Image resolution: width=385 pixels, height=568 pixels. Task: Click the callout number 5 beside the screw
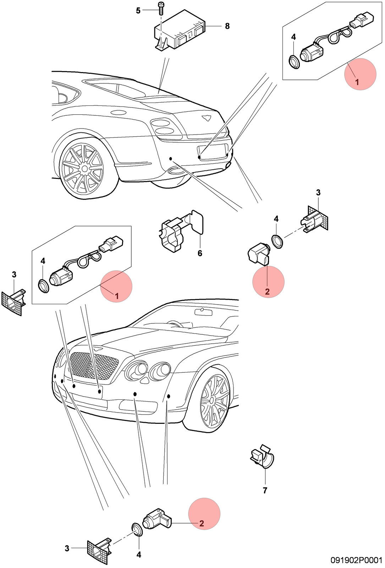point(138,11)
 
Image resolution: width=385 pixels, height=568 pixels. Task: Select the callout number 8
point(227,26)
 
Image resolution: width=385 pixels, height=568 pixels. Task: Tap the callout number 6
point(200,253)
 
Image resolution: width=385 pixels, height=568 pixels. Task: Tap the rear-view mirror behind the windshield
point(203,312)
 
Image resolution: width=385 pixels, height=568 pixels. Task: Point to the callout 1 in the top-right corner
point(357,82)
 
